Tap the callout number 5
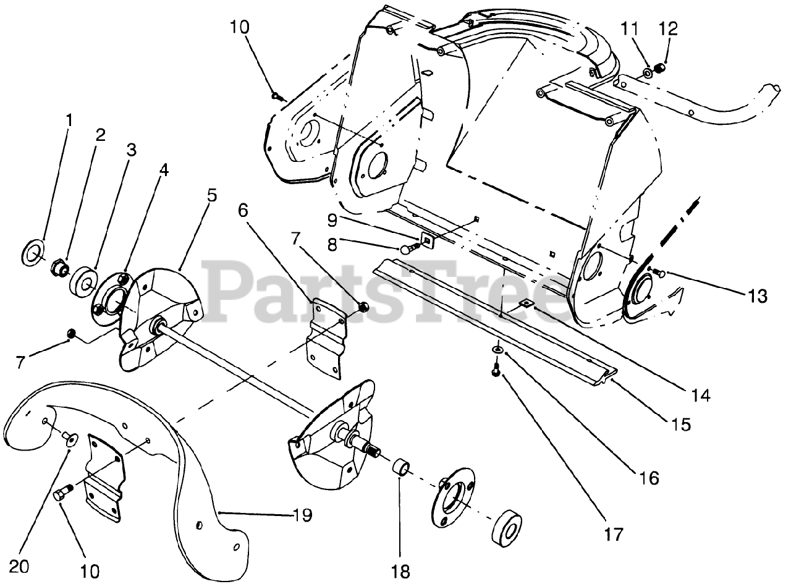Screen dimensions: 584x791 [x=211, y=196]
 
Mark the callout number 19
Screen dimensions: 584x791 [x=303, y=514]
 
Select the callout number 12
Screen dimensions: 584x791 [x=669, y=28]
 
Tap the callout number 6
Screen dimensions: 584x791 [x=243, y=210]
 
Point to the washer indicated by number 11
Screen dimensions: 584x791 [x=646, y=74]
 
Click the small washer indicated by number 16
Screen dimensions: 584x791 [x=497, y=350]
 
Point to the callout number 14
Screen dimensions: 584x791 [x=701, y=394]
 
